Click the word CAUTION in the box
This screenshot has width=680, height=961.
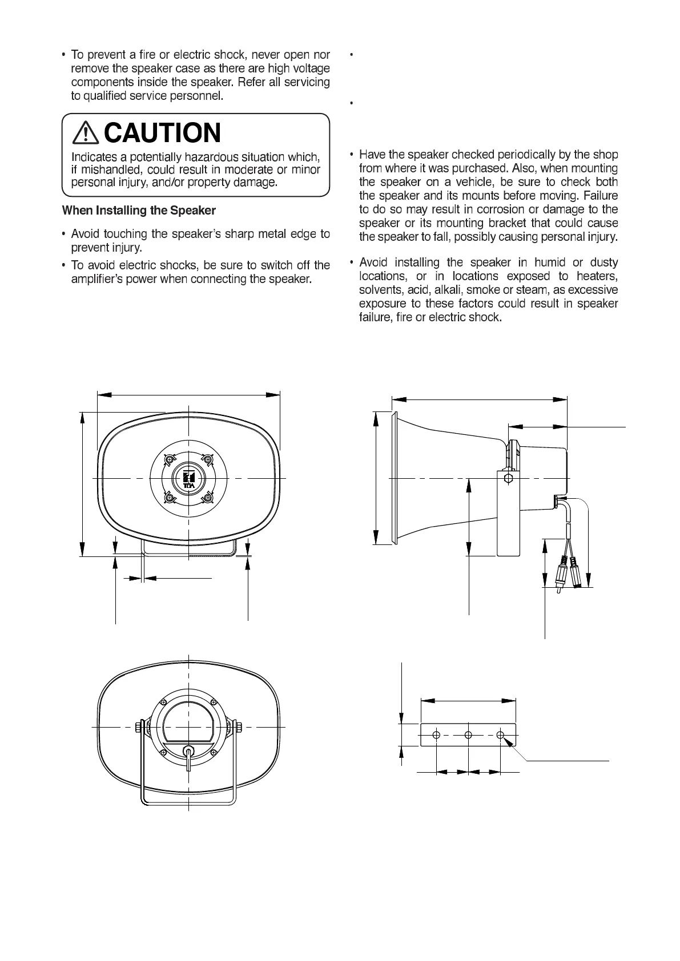point(163,133)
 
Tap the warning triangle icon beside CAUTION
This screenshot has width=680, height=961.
point(85,134)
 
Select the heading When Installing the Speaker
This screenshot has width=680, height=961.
point(139,211)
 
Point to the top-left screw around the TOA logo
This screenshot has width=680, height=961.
point(169,459)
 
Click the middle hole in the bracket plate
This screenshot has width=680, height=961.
point(468,735)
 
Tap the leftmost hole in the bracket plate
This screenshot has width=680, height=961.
point(436,735)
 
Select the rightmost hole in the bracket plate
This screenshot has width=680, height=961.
point(500,735)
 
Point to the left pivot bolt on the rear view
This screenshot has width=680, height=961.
point(139,728)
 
